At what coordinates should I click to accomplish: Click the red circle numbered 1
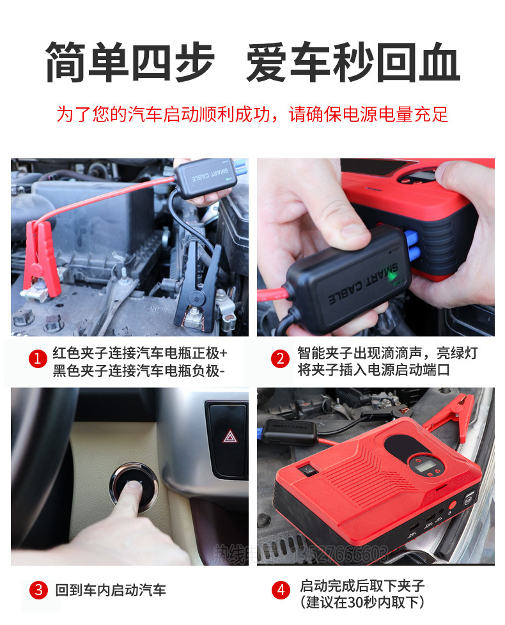coord(37,360)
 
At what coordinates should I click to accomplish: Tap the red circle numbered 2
coord(280,359)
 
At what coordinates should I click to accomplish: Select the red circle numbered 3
coord(38,590)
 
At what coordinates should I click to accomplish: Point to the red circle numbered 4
coord(281,590)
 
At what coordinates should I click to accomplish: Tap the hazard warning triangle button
coord(229,437)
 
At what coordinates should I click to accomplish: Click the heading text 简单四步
coord(130,63)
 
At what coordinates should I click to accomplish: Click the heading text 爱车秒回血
coord(353,63)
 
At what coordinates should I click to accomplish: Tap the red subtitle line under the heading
coord(252,114)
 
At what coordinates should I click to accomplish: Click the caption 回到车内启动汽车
coord(111,590)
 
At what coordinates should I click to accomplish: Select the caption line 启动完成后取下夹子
coord(362,585)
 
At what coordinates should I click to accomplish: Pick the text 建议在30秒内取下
coord(362,601)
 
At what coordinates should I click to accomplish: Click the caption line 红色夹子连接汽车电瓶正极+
coord(140,353)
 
